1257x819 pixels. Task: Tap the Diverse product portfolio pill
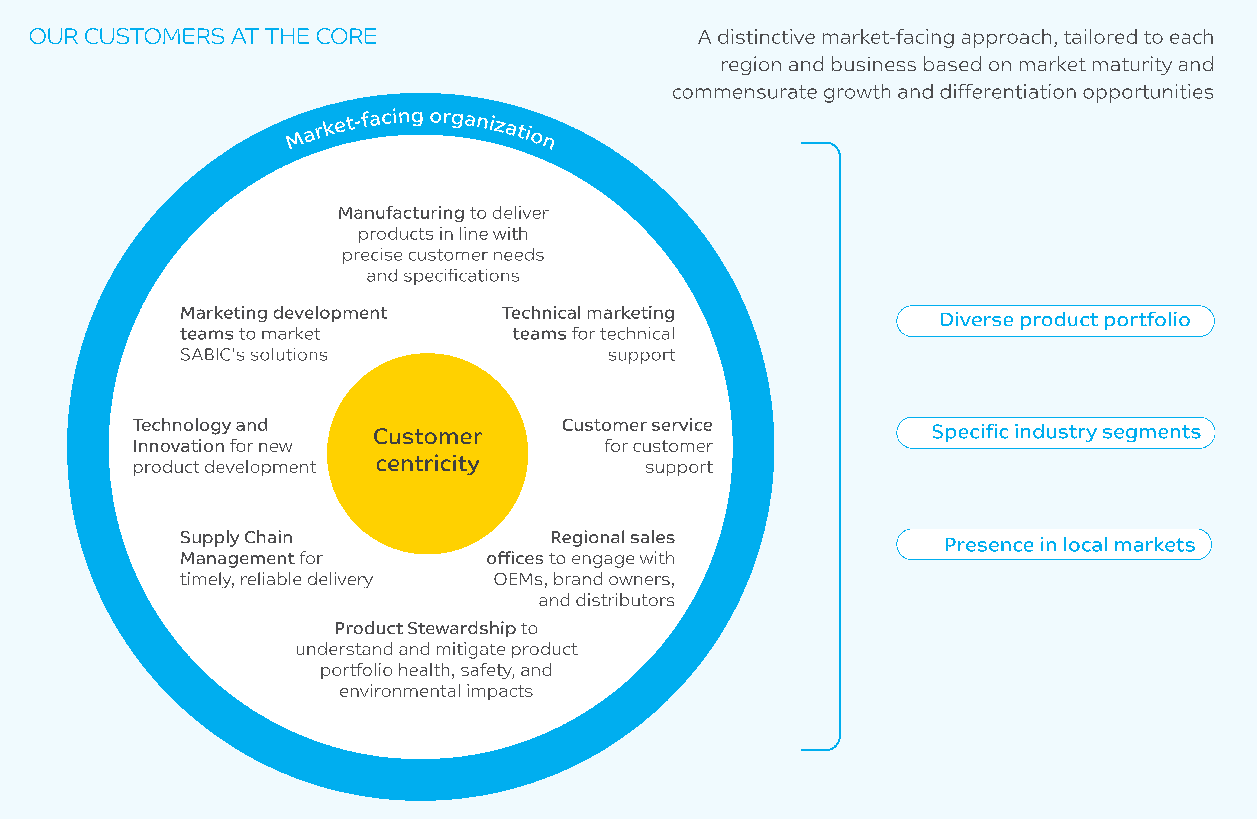pyautogui.click(x=1055, y=321)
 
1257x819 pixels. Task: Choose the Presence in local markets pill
pyautogui.click(x=1054, y=544)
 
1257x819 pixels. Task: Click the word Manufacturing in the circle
pyautogui.click(x=401, y=213)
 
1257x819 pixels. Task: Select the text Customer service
pyautogui.click(x=637, y=425)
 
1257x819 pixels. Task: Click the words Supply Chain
pyautogui.click(x=236, y=537)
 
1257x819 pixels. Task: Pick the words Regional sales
pyautogui.click(x=613, y=537)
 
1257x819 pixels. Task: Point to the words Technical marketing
pyautogui.click(x=588, y=313)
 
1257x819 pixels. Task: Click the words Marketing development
pyautogui.click(x=284, y=313)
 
